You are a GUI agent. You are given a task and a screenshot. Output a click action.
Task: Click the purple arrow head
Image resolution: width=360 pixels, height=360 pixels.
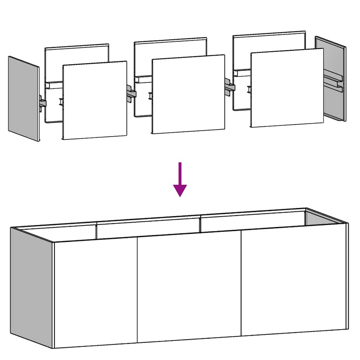[180, 190]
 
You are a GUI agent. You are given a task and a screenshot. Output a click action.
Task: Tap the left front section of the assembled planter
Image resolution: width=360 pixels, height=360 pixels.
[95, 292]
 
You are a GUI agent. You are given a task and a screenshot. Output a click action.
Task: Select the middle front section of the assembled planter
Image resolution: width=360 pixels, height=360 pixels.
[189, 287]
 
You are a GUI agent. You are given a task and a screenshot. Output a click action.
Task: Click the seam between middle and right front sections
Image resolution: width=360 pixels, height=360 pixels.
[241, 283]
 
